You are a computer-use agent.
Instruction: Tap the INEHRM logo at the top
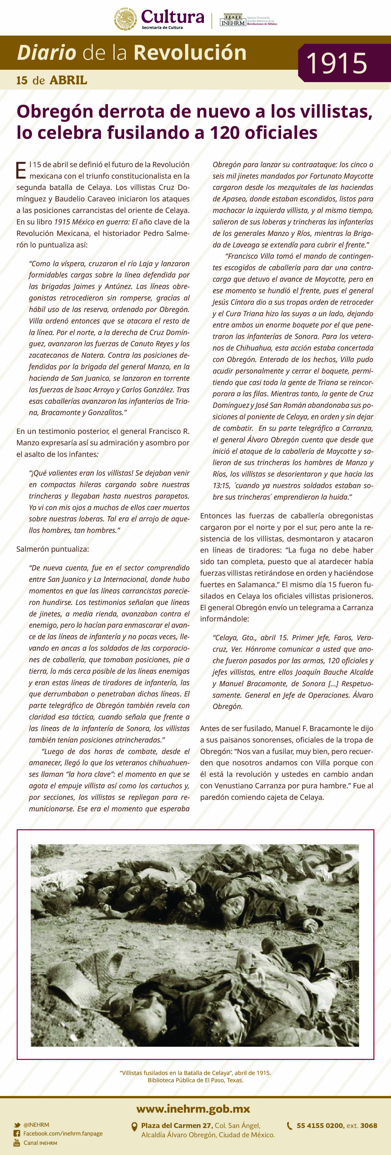tap(233, 20)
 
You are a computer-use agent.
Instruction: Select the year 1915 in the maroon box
tap(337, 63)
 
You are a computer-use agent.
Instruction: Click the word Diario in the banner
tap(46, 53)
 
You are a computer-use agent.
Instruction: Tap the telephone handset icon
tap(290, 1125)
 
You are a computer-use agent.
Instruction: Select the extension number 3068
tap(368, 1125)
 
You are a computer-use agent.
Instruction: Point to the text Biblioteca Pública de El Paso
tap(195, 1080)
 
